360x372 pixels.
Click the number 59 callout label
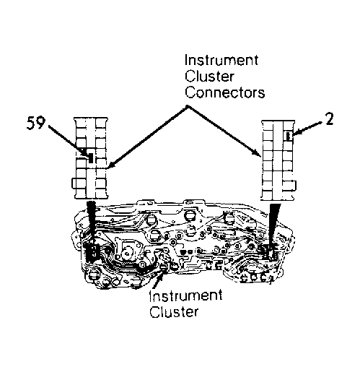click(x=36, y=123)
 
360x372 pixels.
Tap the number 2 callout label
click(x=330, y=119)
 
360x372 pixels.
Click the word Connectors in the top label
click(x=225, y=92)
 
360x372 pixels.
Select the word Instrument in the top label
click(x=221, y=60)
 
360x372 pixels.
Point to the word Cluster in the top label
click(x=209, y=77)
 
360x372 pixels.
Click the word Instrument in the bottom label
click(x=185, y=295)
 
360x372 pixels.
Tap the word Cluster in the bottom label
click(x=174, y=312)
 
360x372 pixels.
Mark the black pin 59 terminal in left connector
click(x=91, y=158)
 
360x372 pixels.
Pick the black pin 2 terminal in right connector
click(x=289, y=136)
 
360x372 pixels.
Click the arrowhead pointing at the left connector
click(x=111, y=165)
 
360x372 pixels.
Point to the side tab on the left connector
click(x=74, y=183)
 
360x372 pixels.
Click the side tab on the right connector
click(x=294, y=185)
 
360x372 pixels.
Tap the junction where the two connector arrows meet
click(x=188, y=106)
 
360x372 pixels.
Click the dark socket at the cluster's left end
click(x=92, y=252)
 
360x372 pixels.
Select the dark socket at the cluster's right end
click(x=268, y=251)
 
